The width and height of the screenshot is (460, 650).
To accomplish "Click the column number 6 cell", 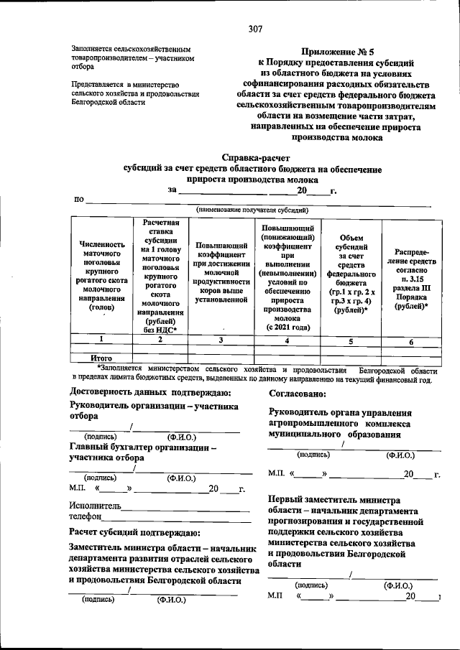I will pyautogui.click(x=411, y=342).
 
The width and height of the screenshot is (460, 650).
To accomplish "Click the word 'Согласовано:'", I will pyautogui.click(x=298, y=394).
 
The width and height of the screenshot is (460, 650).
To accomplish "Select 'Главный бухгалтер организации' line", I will pyautogui.click(x=143, y=446).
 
